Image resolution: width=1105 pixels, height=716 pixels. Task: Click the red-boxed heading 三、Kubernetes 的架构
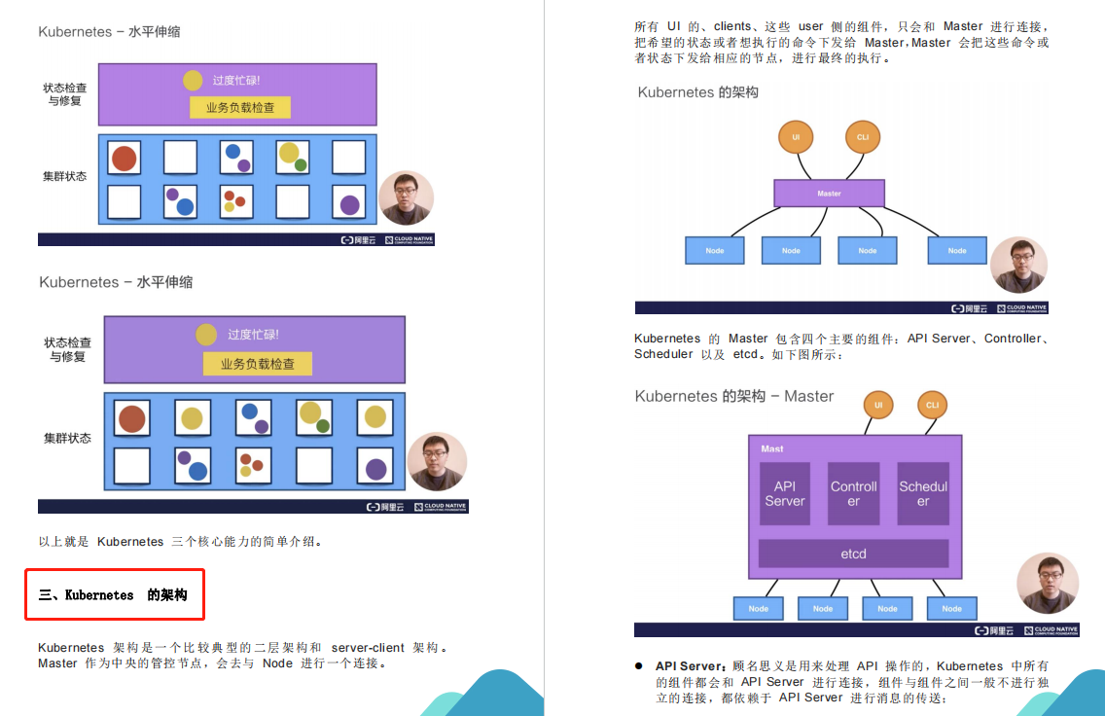(114, 594)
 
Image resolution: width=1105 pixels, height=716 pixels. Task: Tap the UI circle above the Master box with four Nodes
(796, 137)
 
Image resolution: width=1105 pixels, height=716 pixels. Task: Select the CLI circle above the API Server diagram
(932, 405)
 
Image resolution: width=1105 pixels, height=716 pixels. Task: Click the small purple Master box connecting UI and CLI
(829, 194)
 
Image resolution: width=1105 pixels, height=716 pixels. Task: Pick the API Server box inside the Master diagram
(784, 493)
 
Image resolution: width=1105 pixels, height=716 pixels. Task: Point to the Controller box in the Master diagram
(853, 493)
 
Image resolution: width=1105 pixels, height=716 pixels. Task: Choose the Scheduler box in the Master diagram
(922, 493)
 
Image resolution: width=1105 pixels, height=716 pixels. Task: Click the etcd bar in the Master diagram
(853, 554)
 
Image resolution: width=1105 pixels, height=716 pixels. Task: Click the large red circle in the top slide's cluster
(124, 159)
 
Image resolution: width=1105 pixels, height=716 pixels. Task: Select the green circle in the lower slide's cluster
(323, 425)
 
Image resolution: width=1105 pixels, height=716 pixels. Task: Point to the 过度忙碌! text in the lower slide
(253, 335)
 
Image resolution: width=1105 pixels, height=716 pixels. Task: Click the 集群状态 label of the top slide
(65, 176)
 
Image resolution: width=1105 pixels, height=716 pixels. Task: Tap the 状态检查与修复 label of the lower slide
(67, 349)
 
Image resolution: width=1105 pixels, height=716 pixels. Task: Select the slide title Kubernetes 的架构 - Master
(733, 396)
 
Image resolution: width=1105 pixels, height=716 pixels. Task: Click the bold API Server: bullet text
(692, 666)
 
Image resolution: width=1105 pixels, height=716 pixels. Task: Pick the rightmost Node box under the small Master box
(957, 250)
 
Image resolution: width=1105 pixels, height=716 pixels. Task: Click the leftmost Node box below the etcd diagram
(759, 609)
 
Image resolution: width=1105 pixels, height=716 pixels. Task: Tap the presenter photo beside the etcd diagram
(1047, 584)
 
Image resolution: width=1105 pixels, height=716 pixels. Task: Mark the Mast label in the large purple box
(772, 448)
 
